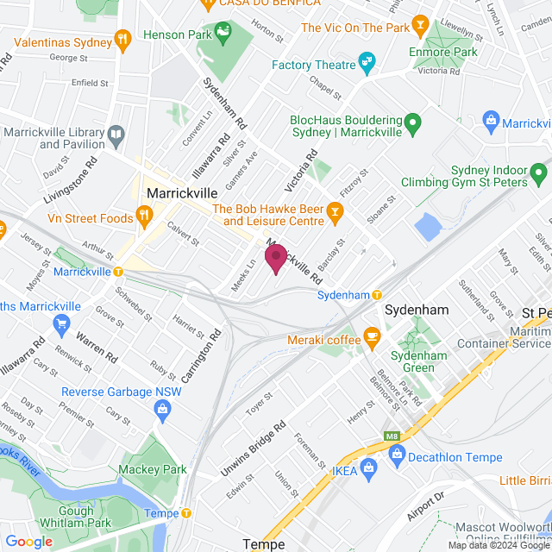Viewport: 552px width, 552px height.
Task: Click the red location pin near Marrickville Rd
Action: pos(276,258)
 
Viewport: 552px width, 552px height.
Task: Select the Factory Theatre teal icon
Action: pos(368,64)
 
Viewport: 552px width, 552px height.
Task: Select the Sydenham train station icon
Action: pos(377,295)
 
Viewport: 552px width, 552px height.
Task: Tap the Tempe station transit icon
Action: pos(185,513)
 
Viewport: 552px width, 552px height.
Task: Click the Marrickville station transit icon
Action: pos(119,271)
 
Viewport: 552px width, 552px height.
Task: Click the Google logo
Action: pos(28,541)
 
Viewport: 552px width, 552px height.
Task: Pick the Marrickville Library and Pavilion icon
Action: pos(116,135)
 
